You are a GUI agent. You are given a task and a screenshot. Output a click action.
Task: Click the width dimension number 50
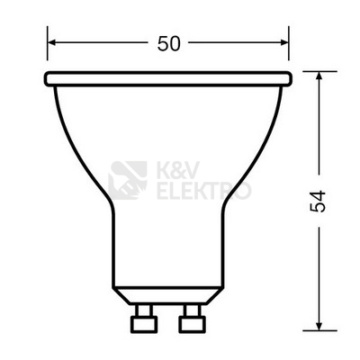[x=168, y=41]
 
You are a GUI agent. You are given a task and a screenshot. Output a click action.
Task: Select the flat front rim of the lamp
[x=168, y=79]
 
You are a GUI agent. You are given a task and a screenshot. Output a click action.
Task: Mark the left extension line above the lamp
[x=47, y=49]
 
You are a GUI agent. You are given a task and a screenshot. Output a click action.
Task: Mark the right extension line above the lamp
[x=290, y=49]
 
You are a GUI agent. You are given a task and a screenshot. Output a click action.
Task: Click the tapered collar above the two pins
[x=168, y=298]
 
